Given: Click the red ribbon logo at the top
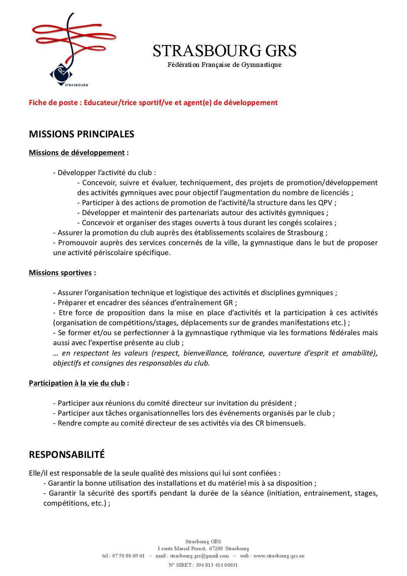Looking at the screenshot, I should click(73, 38).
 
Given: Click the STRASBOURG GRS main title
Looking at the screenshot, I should click(224, 51).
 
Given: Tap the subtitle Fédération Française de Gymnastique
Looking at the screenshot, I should click(224, 65).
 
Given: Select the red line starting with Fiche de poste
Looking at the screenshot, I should click(153, 103).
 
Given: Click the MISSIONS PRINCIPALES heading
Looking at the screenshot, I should click(82, 134).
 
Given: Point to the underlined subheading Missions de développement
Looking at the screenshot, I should click(77, 153).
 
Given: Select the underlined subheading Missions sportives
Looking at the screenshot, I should click(60, 273).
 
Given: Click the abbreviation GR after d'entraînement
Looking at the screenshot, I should click(228, 303).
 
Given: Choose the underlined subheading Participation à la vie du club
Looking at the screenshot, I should click(77, 383).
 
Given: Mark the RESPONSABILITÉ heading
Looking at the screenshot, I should click(67, 455).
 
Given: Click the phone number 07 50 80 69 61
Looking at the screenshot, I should click(128, 556).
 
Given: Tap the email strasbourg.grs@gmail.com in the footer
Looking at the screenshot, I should click(199, 556).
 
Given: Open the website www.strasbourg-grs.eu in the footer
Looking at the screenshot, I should click(279, 556).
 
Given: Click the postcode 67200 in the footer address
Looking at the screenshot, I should click(216, 549).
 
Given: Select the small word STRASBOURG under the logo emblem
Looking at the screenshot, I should click(77, 85).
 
